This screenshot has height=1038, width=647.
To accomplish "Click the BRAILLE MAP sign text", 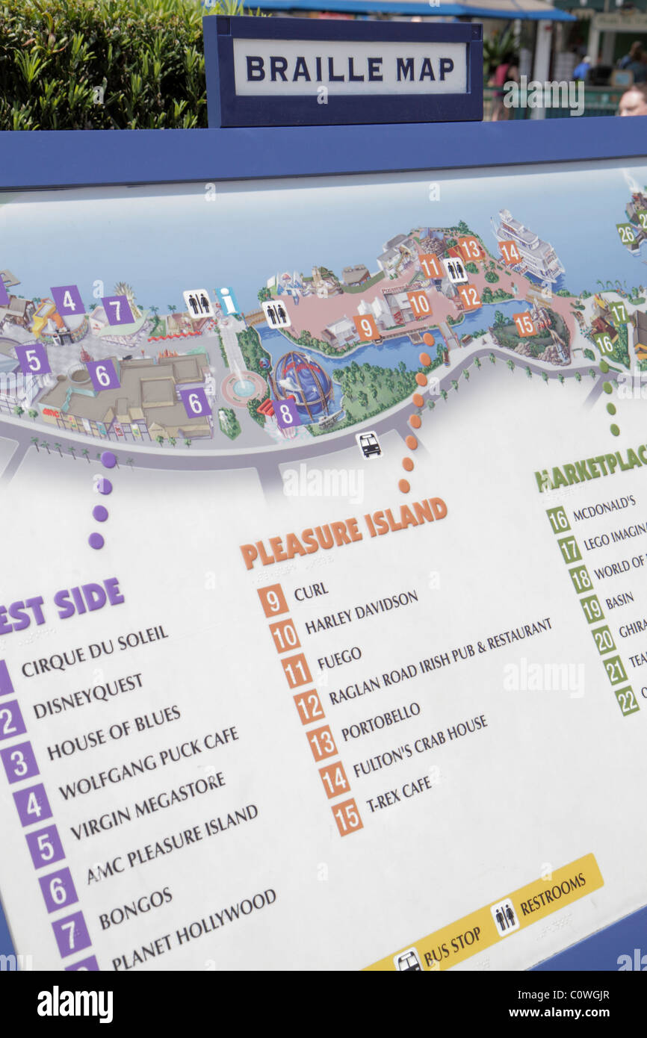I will [x=350, y=69].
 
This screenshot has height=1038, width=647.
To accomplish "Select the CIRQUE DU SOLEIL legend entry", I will [x=95, y=650].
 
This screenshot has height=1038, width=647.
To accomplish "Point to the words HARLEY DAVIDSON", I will [x=361, y=612].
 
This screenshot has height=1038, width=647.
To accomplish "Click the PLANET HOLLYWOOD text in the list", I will [x=194, y=928].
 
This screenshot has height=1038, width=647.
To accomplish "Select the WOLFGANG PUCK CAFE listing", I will [x=149, y=761].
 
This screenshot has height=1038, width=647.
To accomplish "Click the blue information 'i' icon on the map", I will [x=227, y=301].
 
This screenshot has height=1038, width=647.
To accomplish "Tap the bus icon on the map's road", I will [x=368, y=445].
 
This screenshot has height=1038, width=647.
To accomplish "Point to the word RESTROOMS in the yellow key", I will [x=552, y=893].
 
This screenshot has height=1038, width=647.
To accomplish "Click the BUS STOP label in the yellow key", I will [x=451, y=946].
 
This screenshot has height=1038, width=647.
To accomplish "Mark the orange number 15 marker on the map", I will [x=524, y=324].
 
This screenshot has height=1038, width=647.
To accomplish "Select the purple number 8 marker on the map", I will [x=286, y=412].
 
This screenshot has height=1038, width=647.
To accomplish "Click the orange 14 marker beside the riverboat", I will [x=510, y=252].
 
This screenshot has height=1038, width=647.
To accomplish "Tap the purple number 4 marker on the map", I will [x=68, y=300].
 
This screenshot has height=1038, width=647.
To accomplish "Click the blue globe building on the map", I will [x=303, y=382].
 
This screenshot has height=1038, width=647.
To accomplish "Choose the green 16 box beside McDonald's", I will [x=557, y=519].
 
